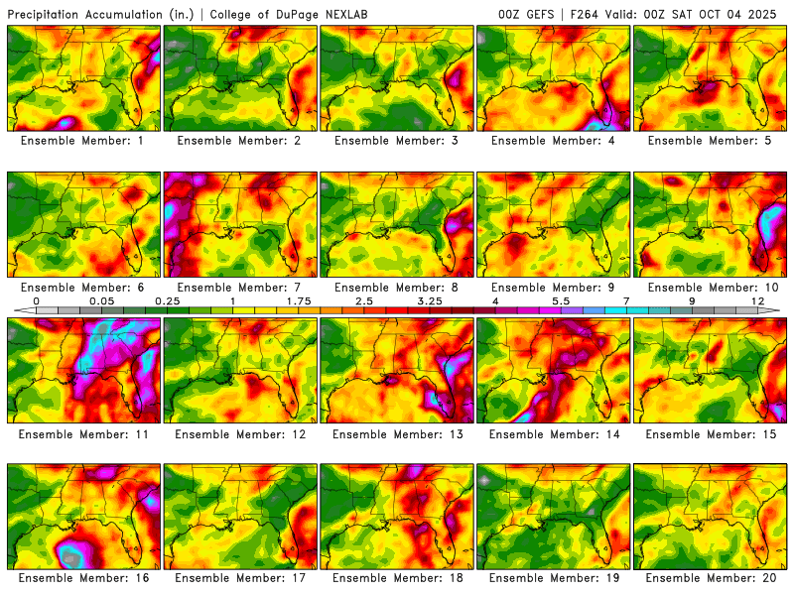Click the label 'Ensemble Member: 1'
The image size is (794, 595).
84,141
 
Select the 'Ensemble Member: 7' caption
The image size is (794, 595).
241,288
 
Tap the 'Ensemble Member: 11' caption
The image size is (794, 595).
84,434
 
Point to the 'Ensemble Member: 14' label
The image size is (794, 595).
554,434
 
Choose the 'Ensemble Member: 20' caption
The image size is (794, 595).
711,577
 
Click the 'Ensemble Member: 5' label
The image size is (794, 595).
711,141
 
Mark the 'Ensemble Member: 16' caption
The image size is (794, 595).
84,577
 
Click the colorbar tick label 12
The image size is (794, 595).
757,300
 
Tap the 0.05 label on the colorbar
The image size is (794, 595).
100,300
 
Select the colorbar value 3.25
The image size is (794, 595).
430,300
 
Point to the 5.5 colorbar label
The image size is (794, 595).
561,300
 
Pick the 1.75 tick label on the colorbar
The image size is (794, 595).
299,300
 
